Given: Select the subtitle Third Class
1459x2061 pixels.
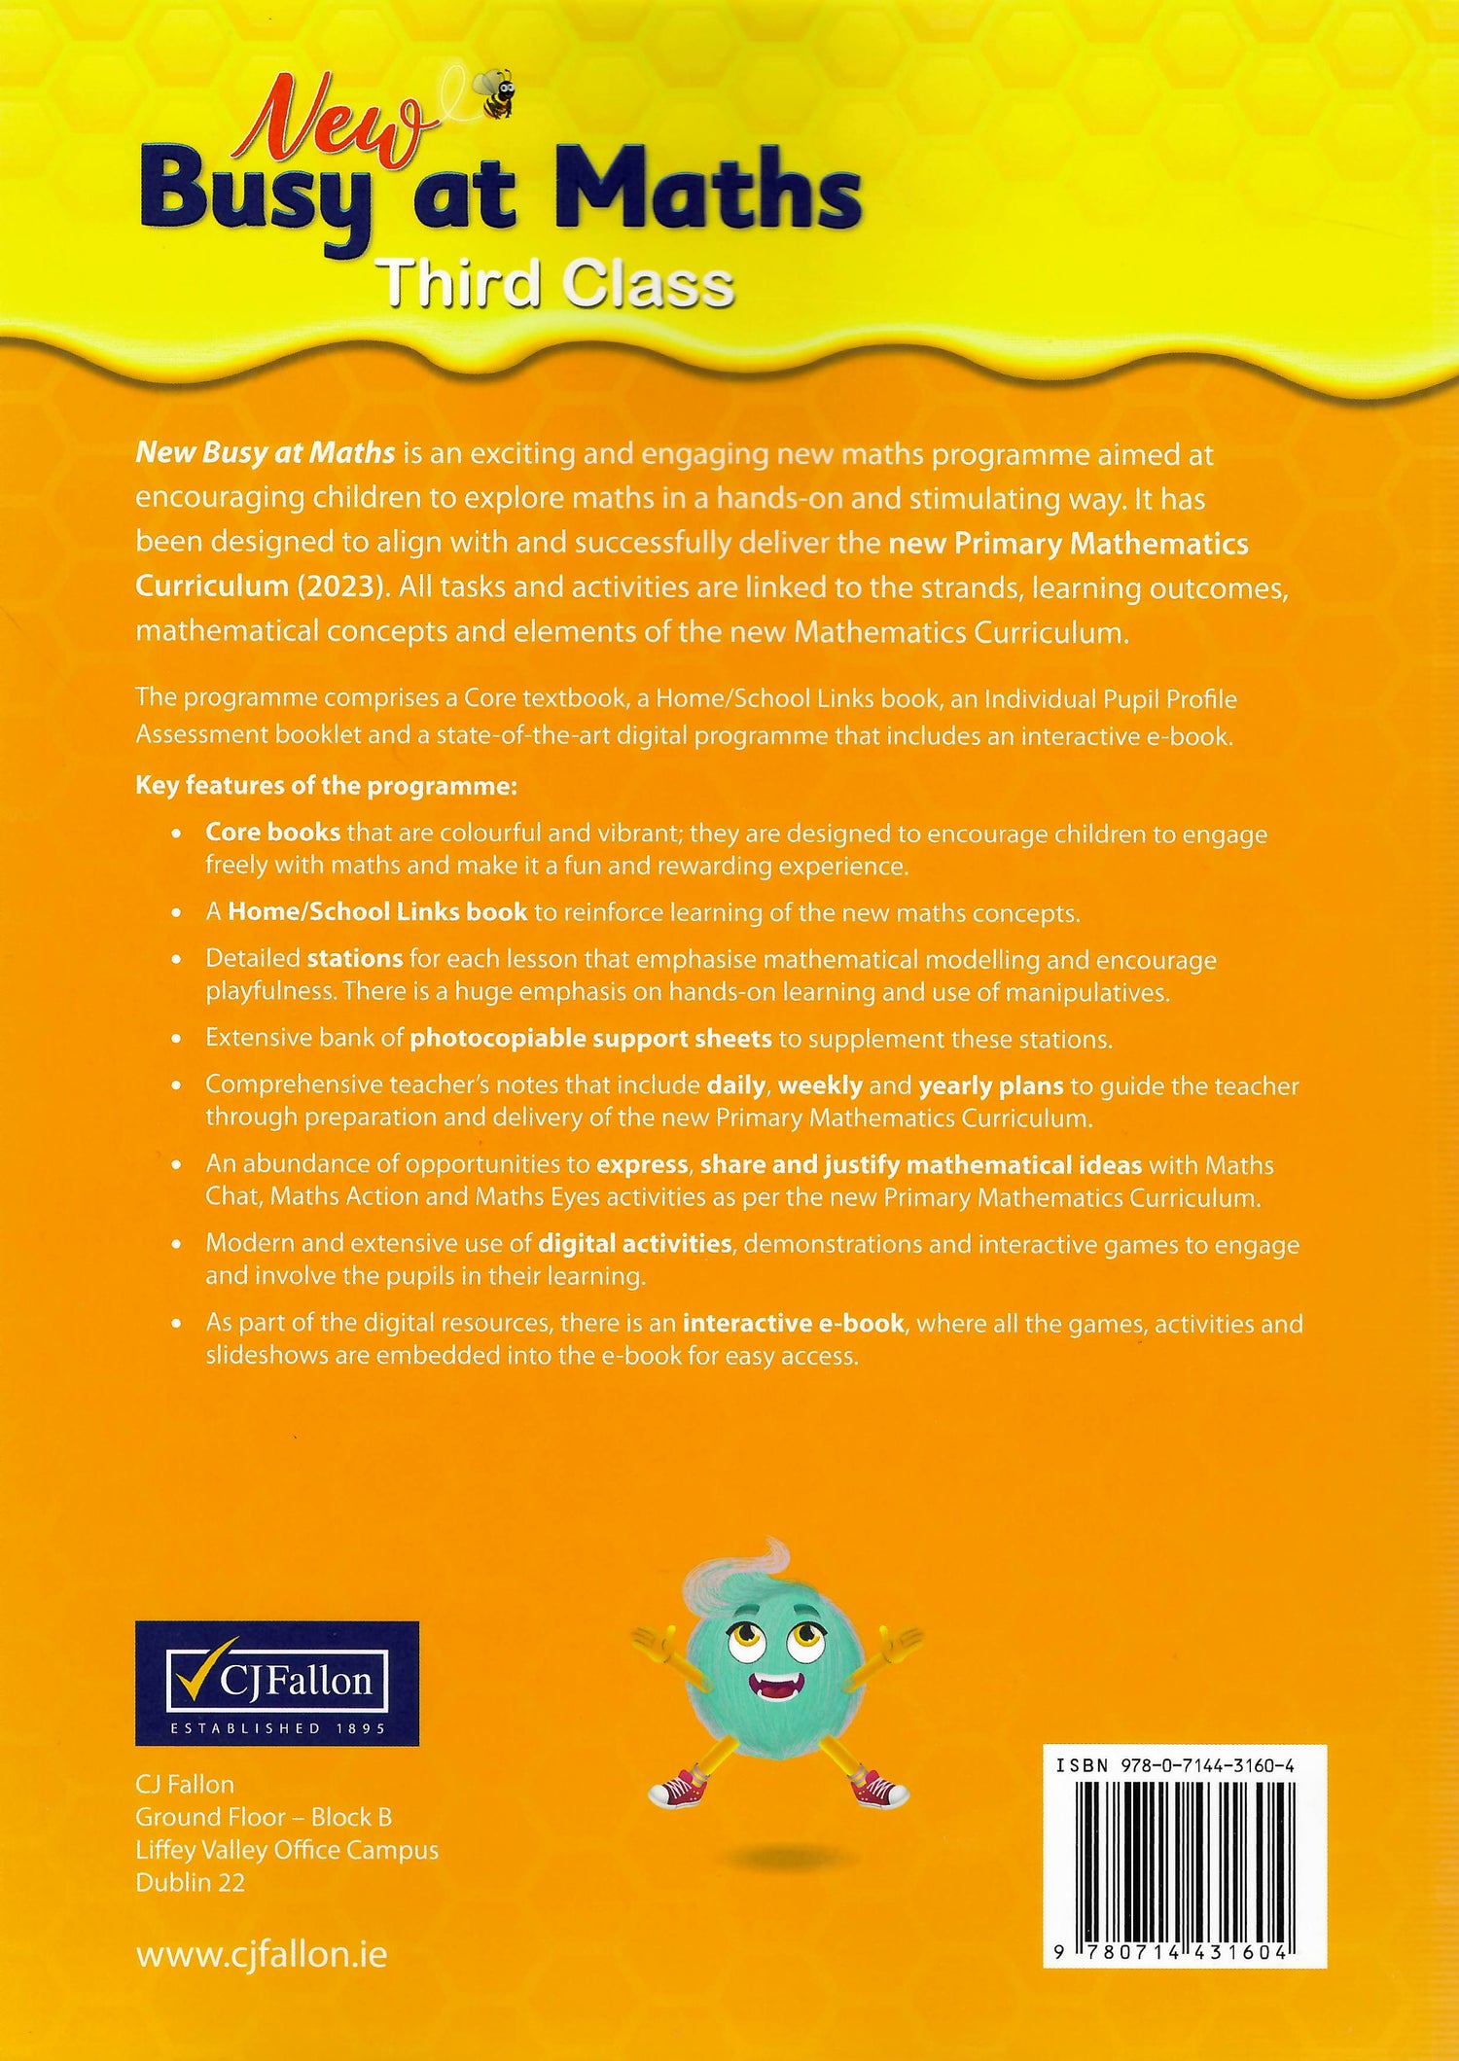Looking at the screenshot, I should [555, 284].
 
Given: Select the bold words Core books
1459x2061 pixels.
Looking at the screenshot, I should [272, 833].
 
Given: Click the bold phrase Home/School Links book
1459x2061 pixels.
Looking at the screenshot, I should [377, 912].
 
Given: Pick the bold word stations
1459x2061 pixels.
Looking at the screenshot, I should [355, 959].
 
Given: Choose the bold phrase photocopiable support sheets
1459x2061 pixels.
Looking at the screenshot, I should [590, 1039].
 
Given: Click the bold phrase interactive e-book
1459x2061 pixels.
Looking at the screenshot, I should [794, 1324].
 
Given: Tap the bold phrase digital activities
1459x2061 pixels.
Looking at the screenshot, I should [634, 1244].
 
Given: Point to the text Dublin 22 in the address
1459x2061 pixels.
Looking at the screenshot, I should [191, 1882].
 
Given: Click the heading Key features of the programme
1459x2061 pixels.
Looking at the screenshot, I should [326, 786].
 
